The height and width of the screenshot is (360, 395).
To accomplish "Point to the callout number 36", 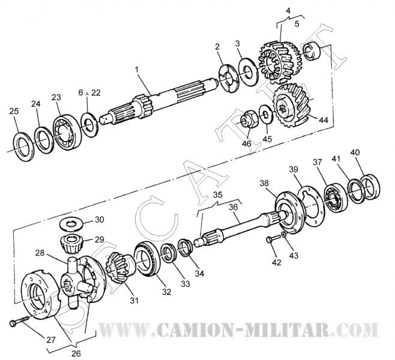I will [233, 205].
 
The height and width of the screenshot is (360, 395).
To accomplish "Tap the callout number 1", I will [137, 70].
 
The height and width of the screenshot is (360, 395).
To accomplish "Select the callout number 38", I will [264, 182].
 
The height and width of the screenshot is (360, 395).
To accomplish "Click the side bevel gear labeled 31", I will [116, 272].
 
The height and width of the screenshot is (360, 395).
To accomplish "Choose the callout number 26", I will [76, 353].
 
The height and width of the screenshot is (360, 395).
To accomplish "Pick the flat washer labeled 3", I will [247, 70].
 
